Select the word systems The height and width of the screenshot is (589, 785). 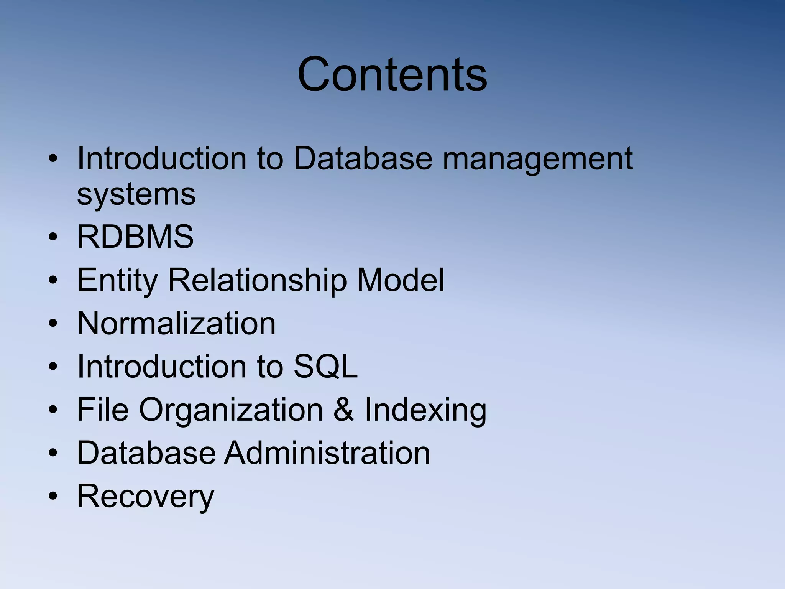click(136, 194)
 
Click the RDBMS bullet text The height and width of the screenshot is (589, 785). click(135, 237)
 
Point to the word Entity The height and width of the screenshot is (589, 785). click(117, 280)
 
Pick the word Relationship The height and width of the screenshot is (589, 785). click(257, 280)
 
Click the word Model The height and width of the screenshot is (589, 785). click(401, 280)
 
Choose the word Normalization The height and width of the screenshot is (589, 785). click(176, 323)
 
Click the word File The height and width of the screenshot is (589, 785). click(103, 410)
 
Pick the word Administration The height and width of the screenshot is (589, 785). click(327, 453)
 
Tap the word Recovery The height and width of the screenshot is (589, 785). click(146, 497)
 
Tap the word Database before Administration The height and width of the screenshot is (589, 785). click(146, 453)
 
